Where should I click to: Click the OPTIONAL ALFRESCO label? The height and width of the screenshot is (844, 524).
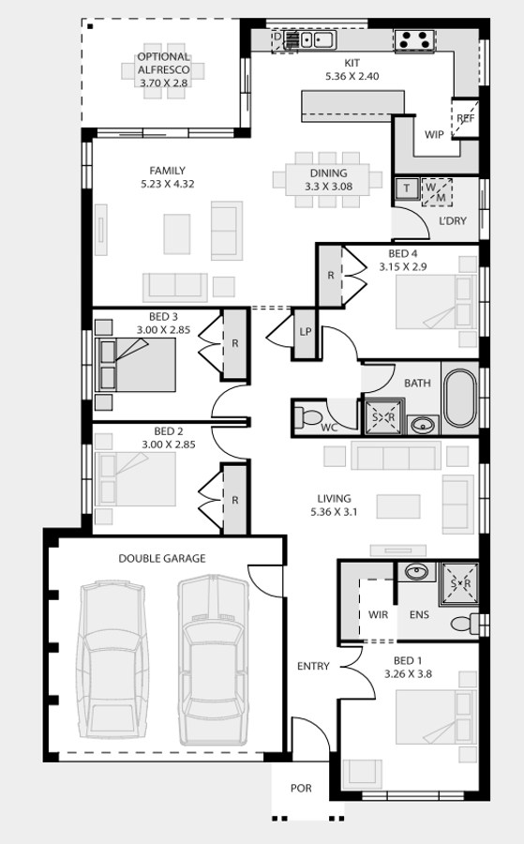point(164,63)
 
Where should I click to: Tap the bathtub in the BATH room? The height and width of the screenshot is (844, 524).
point(459,399)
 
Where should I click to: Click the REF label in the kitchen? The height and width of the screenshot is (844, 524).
point(466,118)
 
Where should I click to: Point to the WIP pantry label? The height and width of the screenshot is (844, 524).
point(434,135)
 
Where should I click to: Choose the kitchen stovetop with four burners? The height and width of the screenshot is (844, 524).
point(415,40)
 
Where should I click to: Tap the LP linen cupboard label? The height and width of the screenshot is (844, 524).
point(306,332)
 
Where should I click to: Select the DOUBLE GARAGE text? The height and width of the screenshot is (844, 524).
point(161,559)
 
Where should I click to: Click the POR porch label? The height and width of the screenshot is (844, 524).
point(301,789)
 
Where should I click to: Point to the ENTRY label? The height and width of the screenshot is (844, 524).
point(313,667)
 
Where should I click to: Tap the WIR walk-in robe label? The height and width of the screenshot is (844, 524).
point(379,615)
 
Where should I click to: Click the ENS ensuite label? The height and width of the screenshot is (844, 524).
point(419,615)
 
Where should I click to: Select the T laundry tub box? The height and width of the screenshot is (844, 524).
point(407,188)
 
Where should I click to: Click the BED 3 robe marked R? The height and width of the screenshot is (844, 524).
point(235,344)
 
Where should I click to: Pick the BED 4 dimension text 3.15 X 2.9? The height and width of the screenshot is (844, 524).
point(403,267)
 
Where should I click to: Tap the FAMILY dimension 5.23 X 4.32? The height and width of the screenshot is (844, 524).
point(167,185)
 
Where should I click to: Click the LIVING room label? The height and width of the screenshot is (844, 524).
point(334,499)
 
